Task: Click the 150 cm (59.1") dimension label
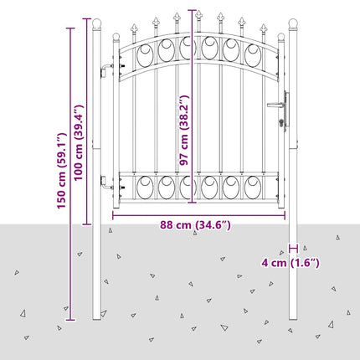62,171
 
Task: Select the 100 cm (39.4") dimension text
79,142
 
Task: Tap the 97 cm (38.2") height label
184,130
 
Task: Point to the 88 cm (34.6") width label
195,225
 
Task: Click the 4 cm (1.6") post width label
291,263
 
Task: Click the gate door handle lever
276,105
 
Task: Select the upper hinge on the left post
107,69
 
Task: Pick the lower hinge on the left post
107,183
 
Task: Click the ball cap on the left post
96,23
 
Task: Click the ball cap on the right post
293,23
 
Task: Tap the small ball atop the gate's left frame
116,37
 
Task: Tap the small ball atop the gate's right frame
281,37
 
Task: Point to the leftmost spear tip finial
134,28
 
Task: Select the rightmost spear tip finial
263,28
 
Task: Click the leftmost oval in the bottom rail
145,188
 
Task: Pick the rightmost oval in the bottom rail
253,188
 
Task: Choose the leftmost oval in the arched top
145,55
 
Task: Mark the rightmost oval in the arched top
253,55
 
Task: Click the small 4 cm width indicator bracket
293,248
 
